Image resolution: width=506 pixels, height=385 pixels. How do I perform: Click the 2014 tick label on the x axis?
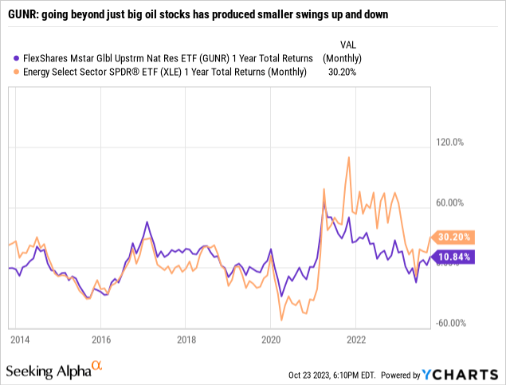click(20, 339)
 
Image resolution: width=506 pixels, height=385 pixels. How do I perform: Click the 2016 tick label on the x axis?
click(101, 339)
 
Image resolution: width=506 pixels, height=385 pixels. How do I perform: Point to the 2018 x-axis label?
click(186, 339)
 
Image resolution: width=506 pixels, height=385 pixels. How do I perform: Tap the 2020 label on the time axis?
click(271, 339)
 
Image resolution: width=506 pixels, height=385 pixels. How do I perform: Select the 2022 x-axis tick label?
click(355, 339)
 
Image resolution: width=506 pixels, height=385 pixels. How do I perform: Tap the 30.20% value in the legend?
click(343, 72)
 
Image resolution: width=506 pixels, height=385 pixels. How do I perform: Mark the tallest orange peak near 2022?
click(348, 157)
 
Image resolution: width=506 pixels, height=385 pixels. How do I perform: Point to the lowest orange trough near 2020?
click(281, 320)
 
